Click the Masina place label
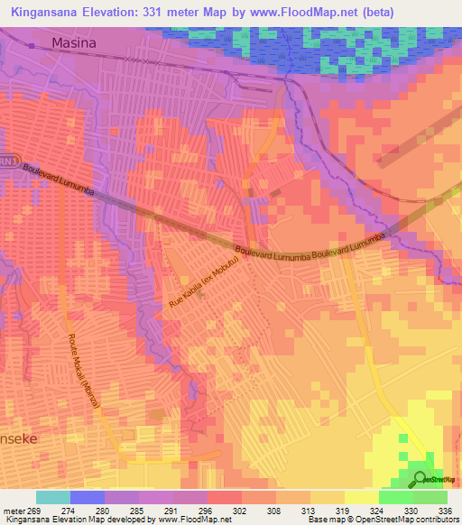(73, 42)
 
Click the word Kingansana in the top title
(52, 13)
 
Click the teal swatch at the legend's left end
(53, 497)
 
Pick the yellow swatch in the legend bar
(362, 497)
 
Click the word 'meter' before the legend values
(14, 511)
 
